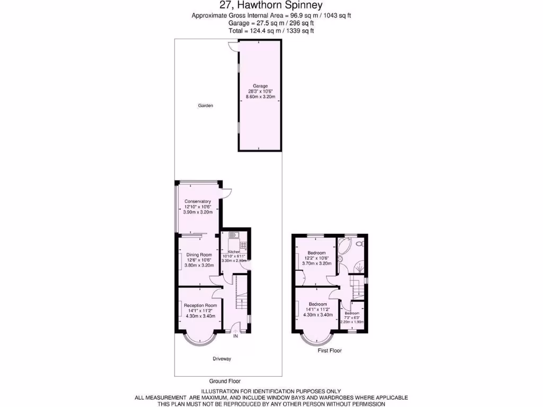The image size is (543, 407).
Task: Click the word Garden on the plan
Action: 205,105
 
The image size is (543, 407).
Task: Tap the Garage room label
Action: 260,86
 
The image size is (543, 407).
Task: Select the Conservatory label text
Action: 198,201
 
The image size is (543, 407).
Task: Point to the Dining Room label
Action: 198,255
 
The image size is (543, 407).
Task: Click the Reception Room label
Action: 200,305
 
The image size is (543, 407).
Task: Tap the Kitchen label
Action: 234,252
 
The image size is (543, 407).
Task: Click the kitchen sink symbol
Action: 234,235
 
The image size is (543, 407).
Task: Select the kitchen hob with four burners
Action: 243,244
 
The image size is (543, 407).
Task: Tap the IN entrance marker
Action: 235,335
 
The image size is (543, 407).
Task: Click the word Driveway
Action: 222,359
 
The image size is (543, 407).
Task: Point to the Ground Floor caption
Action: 225,381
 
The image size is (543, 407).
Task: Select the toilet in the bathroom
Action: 360,243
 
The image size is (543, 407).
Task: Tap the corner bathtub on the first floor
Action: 344,246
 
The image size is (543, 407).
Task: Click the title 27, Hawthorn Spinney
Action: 271,6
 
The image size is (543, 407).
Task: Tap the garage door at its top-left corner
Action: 232,46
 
